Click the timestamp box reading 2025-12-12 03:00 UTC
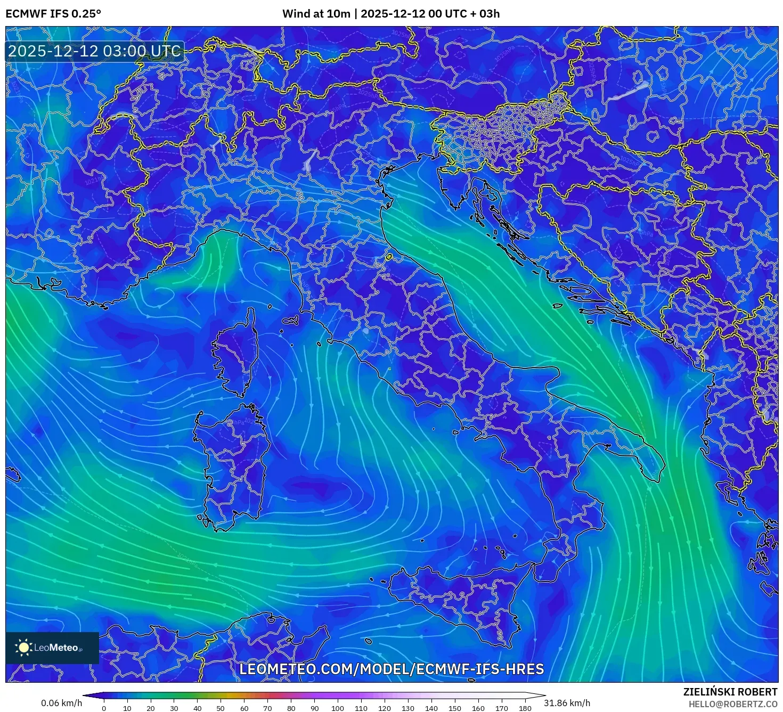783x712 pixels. (x=94, y=51)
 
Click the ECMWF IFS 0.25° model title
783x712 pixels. (x=53, y=14)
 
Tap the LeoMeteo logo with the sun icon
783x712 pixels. (x=52, y=648)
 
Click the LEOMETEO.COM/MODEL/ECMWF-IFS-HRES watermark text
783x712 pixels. (x=391, y=669)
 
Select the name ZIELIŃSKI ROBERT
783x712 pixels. (x=730, y=692)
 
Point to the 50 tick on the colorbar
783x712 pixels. (x=220, y=708)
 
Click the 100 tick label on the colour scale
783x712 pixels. (x=337, y=708)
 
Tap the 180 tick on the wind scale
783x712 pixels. (x=525, y=708)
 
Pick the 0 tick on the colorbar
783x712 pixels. (x=104, y=708)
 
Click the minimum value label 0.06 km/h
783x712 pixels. (x=61, y=703)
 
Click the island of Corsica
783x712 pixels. (x=234, y=354)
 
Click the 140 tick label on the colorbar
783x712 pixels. (x=431, y=708)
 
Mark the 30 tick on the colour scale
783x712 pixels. (x=174, y=708)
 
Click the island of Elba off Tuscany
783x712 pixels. (x=291, y=321)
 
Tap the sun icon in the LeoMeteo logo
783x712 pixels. (x=23, y=648)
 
